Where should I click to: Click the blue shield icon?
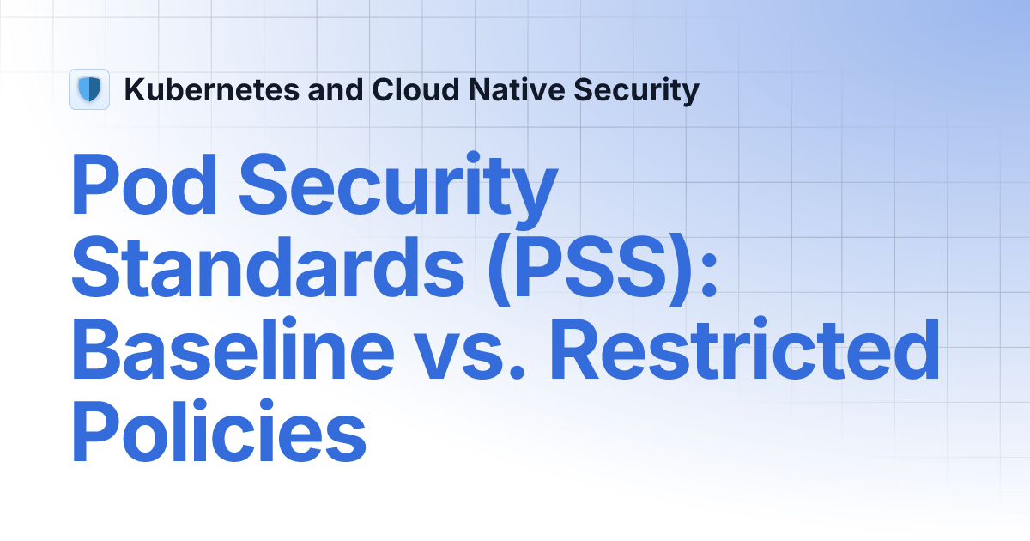[89, 89]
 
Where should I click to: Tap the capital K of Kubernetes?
[134, 89]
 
